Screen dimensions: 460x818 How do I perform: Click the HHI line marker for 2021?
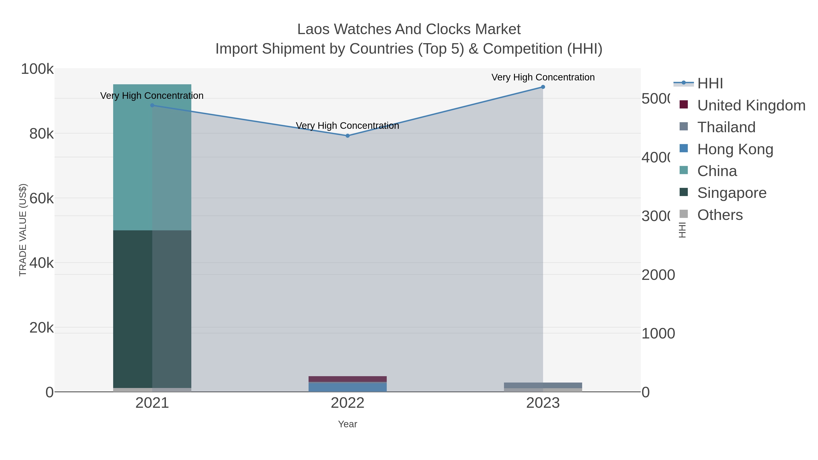coord(152,105)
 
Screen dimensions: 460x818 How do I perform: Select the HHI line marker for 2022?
coord(347,136)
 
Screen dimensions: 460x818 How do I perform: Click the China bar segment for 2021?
coord(152,157)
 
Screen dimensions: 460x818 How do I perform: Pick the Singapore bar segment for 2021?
coord(152,309)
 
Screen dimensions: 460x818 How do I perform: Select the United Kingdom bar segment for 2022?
coord(347,379)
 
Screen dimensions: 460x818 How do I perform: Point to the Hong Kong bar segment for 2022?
coord(347,387)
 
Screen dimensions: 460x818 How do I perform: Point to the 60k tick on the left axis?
coord(42,199)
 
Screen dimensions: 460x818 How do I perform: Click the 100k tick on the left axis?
coord(37,69)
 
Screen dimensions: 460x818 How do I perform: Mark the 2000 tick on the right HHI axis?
coord(658,275)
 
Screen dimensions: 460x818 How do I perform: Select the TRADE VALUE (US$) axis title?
coord(23,230)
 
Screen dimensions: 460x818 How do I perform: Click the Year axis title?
coord(347,424)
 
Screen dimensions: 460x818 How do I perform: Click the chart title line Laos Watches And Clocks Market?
coord(409,29)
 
